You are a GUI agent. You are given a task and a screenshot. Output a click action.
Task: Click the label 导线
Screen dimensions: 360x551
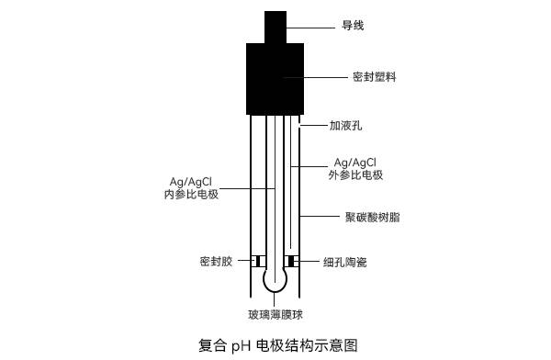coord(353,25)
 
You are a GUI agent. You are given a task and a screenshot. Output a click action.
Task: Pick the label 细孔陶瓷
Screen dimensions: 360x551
coord(345,263)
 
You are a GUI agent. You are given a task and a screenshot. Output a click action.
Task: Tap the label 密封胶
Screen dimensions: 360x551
coord(216,262)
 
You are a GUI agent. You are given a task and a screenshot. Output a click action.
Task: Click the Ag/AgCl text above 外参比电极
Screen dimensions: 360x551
coord(354,161)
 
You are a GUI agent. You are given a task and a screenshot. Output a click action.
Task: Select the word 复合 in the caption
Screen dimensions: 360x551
coord(212,346)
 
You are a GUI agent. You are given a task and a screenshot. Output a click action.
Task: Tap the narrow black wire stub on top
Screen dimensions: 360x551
coord(275,25)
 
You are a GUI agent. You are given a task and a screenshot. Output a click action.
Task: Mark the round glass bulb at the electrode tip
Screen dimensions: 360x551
coord(275,277)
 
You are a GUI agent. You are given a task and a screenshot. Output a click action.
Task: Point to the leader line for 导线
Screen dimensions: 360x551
coord(312,25)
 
